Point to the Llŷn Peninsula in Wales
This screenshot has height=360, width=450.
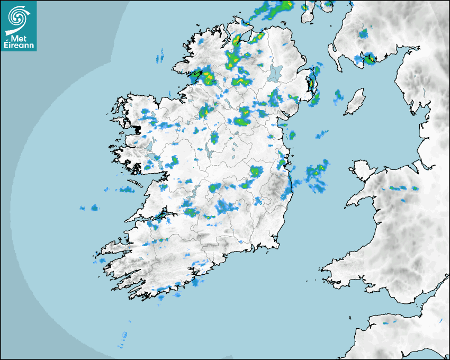tap(360, 199)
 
